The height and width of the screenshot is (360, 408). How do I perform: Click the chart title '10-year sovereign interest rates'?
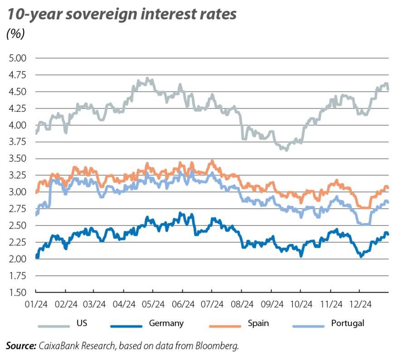point(121,14)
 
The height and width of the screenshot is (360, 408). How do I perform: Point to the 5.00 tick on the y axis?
point(18,58)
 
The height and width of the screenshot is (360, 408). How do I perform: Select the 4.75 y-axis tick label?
point(18,75)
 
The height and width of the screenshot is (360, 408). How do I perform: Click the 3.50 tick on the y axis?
point(18,158)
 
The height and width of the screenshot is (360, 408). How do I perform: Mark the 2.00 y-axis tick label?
point(18,259)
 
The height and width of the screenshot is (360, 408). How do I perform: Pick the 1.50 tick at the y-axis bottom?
point(18,293)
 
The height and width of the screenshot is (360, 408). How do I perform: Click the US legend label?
point(82,323)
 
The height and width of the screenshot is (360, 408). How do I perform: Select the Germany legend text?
point(166,323)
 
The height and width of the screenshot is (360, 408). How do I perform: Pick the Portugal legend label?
point(348,323)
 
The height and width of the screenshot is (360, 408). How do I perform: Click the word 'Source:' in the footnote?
point(21,346)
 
